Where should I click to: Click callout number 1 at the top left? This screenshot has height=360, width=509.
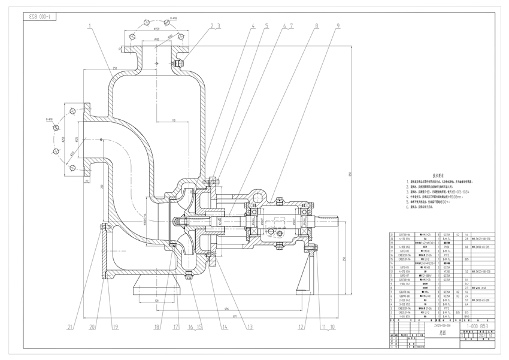point(89,26)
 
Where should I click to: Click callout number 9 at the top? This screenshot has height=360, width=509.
point(338,26)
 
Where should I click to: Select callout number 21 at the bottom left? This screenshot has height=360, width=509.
point(70,327)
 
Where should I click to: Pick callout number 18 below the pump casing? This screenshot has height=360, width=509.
point(157,327)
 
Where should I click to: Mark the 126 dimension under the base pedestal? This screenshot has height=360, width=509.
point(156,300)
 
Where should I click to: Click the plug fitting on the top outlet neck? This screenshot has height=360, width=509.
point(176,63)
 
